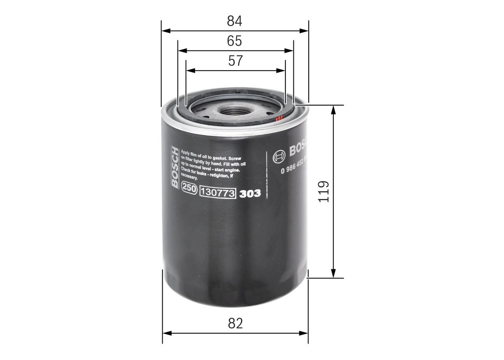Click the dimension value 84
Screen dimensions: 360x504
coord(235,21)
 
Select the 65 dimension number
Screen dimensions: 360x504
coord(235,41)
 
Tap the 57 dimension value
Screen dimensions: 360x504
coord(235,61)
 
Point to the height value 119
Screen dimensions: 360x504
coord(323,191)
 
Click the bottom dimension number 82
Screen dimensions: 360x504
coord(235,323)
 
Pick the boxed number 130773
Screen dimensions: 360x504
coord(218,193)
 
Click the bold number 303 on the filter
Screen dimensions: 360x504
coord(250,194)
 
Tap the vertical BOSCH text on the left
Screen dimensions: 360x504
coord(174,167)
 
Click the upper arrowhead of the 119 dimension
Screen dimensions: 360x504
coord(334,109)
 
